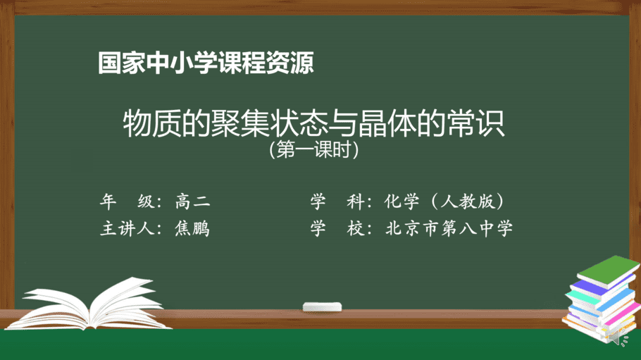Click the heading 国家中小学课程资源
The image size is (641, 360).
(x=206, y=63)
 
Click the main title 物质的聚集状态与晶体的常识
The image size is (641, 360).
(x=314, y=123)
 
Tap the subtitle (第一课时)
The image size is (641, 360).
(x=314, y=150)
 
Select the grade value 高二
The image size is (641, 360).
(x=192, y=201)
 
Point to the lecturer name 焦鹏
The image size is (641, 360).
(x=192, y=228)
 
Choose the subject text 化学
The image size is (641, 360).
(x=402, y=201)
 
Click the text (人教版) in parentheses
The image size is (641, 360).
(x=467, y=201)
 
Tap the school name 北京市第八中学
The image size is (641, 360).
(x=449, y=228)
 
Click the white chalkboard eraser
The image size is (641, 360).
(x=322, y=307)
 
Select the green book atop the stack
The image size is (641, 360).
(x=609, y=271)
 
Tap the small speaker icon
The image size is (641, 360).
(x=618, y=338)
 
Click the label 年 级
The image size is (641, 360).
(x=127, y=201)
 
